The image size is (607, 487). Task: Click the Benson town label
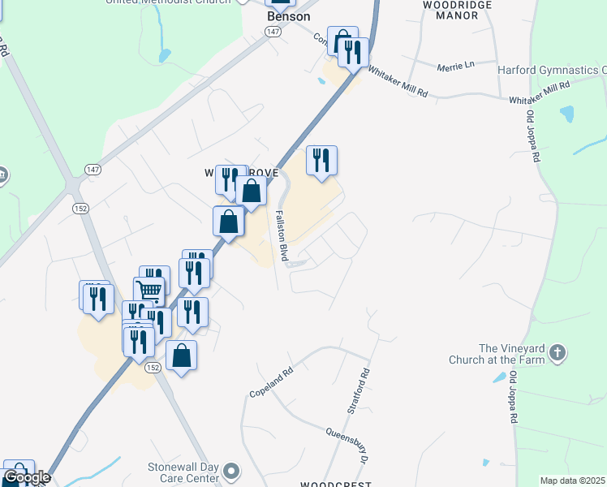pyautogui.click(x=288, y=15)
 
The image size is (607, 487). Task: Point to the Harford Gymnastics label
pyautogui.click(x=552, y=71)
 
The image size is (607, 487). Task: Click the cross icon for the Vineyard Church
pyautogui.click(x=557, y=353)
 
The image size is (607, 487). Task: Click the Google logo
pyautogui.click(x=27, y=478)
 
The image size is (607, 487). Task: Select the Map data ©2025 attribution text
pyautogui.click(x=573, y=481)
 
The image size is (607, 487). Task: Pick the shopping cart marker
pyautogui.click(x=149, y=290)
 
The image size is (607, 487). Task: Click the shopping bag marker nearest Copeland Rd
pyautogui.click(x=182, y=355)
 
